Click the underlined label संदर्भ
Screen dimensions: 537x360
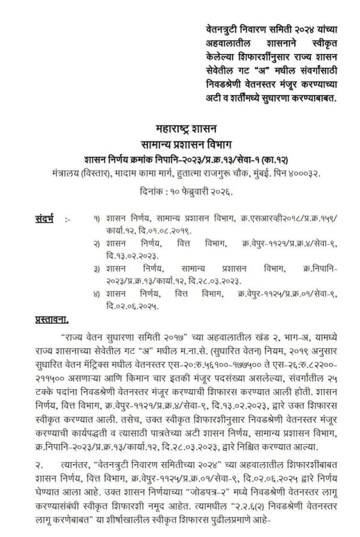tap(44, 217)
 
